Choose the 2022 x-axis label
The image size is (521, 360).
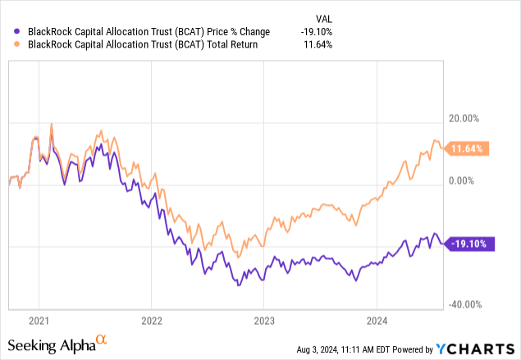pyautogui.click(x=152, y=319)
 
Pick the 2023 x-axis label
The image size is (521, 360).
pyautogui.click(x=264, y=319)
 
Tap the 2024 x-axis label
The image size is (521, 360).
pyautogui.click(x=376, y=319)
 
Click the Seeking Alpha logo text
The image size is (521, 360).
pyautogui.click(x=51, y=344)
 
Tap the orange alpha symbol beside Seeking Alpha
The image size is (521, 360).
pyautogui.click(x=101, y=339)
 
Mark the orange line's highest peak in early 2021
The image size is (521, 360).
pyautogui.click(x=52, y=124)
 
